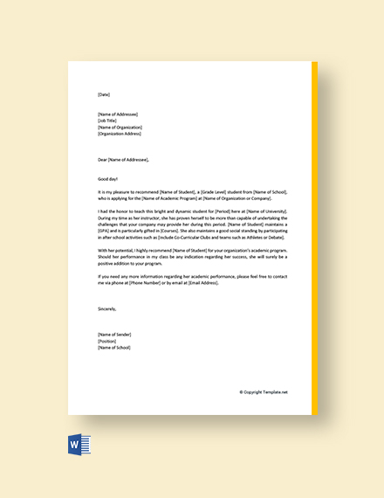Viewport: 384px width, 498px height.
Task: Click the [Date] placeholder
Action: [104, 94]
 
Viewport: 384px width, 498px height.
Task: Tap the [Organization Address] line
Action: [120, 134]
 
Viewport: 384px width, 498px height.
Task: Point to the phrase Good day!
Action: [107, 177]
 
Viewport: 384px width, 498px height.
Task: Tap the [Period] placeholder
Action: [216, 211]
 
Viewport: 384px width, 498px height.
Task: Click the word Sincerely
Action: [106, 308]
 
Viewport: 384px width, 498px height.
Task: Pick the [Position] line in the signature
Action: [107, 341]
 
